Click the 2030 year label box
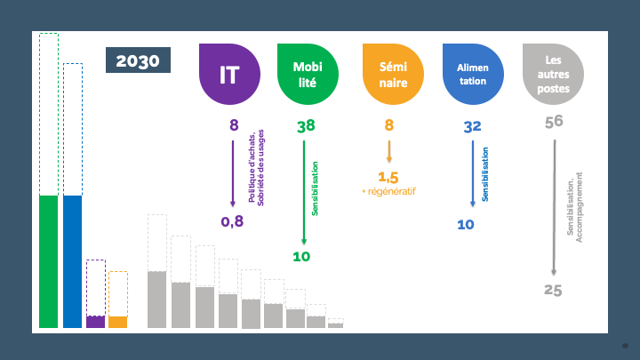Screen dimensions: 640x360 click(138, 60)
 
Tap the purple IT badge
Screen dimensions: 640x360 click(229, 75)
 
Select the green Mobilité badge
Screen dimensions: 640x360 click(308, 75)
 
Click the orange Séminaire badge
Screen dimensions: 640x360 click(393, 75)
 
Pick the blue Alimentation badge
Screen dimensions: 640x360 click(473, 75)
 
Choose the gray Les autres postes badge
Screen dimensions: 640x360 click(553, 75)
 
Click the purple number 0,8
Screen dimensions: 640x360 click(232, 221)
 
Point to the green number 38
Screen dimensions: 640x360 click(306, 125)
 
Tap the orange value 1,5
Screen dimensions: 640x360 click(388, 178)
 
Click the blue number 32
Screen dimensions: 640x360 click(472, 126)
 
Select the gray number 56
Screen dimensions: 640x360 click(554, 122)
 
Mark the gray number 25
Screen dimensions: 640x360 click(553, 290)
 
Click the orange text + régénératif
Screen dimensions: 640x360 click(388, 191)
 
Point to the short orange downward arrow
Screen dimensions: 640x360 click(389, 151)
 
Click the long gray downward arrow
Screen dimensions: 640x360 click(555, 208)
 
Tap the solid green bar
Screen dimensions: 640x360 click(49, 261)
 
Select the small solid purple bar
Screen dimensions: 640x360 click(95, 322)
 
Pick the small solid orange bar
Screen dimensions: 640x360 click(118, 322)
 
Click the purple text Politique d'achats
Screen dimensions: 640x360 click(252, 168)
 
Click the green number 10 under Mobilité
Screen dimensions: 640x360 click(301, 257)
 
